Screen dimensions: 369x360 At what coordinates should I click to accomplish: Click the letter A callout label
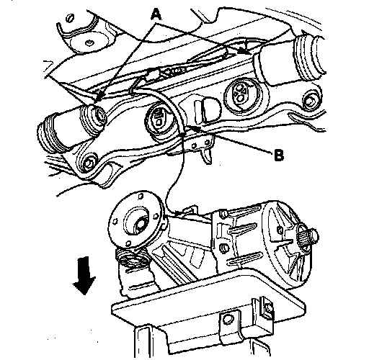[156, 14]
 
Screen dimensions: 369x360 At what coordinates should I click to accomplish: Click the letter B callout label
[279, 155]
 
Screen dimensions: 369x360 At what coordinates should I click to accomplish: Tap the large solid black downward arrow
[84, 276]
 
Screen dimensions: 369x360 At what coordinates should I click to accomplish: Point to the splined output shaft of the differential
[308, 236]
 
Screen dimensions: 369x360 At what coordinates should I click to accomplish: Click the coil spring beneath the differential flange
[132, 258]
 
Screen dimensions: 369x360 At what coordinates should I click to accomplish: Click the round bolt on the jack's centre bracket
[228, 320]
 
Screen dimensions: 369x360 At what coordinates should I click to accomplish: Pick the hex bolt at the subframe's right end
[311, 99]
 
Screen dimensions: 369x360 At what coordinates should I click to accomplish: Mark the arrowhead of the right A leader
[244, 51]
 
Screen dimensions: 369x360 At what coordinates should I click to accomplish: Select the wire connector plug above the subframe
[152, 74]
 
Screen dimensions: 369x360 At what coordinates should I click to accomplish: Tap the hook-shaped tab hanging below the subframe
[207, 156]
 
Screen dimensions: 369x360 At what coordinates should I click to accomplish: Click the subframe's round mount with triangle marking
[241, 94]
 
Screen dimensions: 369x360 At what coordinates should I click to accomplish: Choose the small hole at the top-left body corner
[70, 18]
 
